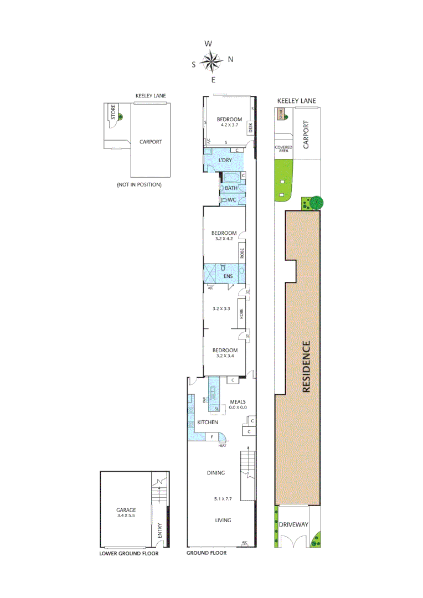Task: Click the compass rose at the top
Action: pyautogui.click(x=212, y=60)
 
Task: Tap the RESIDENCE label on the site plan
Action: pyautogui.click(x=306, y=367)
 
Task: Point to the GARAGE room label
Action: pyautogui.click(x=126, y=511)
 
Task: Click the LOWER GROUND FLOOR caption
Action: pyautogui.click(x=128, y=553)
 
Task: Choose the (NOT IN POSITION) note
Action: pyautogui.click(x=139, y=184)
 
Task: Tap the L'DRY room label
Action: pyautogui.click(x=225, y=160)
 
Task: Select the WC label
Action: pyautogui.click(x=232, y=200)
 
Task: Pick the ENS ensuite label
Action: pyautogui.click(x=227, y=276)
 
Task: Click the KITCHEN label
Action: pyautogui.click(x=207, y=422)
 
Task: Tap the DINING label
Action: pyautogui.click(x=216, y=473)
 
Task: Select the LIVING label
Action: pyautogui.click(x=223, y=520)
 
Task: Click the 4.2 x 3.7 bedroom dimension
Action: pyautogui.click(x=229, y=126)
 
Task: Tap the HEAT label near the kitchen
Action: pyautogui.click(x=223, y=446)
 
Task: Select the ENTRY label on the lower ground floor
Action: pyautogui.click(x=159, y=531)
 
